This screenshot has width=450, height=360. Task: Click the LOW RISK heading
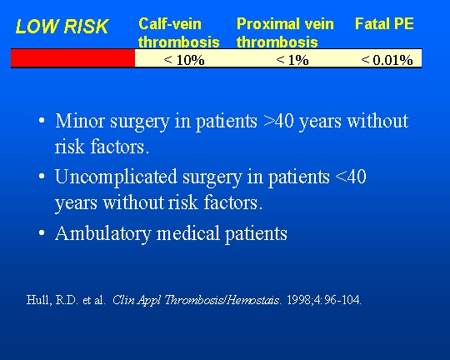pyautogui.click(x=62, y=26)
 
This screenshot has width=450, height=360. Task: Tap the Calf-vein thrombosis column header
pyautogui.click(x=179, y=32)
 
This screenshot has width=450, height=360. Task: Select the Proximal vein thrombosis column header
pyautogui.click(x=285, y=32)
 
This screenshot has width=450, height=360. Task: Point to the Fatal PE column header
pyautogui.click(x=384, y=23)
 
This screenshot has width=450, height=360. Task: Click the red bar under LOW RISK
pyautogui.click(x=72, y=58)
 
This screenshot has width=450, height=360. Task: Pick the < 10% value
pyautogui.click(x=184, y=60)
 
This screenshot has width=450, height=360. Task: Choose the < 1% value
pyautogui.click(x=292, y=60)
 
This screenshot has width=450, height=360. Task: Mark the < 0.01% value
pyautogui.click(x=387, y=60)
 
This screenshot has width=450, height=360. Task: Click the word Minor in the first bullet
pyautogui.click(x=80, y=121)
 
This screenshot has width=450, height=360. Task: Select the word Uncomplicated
pyautogui.click(x=116, y=177)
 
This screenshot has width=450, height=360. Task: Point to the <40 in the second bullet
pyautogui.click(x=350, y=177)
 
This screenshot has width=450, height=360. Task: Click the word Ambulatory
pyautogui.click(x=103, y=233)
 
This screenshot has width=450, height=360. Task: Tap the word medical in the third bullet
pyautogui.click(x=188, y=233)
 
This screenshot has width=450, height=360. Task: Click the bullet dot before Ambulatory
pyautogui.click(x=42, y=232)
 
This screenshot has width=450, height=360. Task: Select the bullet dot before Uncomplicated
pyautogui.click(x=42, y=176)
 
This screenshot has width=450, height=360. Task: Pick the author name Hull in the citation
pyautogui.click(x=38, y=300)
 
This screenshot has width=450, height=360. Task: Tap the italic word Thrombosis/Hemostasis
pyautogui.click(x=222, y=300)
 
